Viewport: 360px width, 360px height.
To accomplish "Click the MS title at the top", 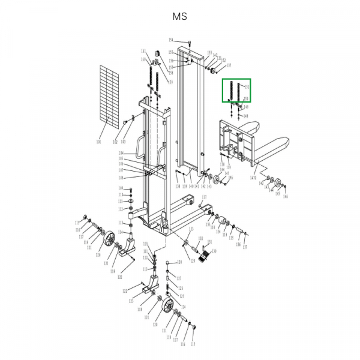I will click(179, 17).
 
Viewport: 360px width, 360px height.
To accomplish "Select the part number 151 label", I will click(247, 87).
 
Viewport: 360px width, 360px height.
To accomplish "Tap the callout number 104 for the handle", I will click(121, 154).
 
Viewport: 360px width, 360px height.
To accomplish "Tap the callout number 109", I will click(121, 188).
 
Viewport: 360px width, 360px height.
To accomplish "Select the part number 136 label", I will click(238, 244).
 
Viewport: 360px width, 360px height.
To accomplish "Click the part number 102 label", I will click(115, 142).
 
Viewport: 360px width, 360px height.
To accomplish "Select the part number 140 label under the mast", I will click(191, 187).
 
